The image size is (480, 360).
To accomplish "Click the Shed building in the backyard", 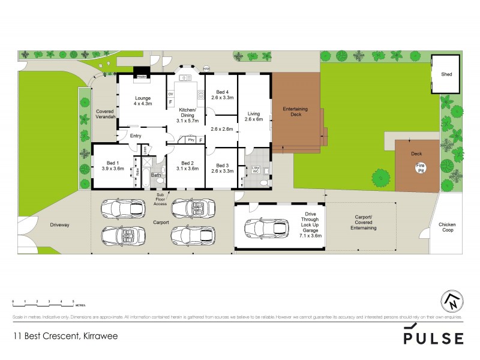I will click(x=446, y=74).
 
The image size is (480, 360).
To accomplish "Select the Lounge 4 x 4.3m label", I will click(x=142, y=100).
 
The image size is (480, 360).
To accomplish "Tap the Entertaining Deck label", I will click(x=295, y=112).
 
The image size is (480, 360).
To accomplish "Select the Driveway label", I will click(x=60, y=225).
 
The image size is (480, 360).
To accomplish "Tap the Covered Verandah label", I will click(x=105, y=114).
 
